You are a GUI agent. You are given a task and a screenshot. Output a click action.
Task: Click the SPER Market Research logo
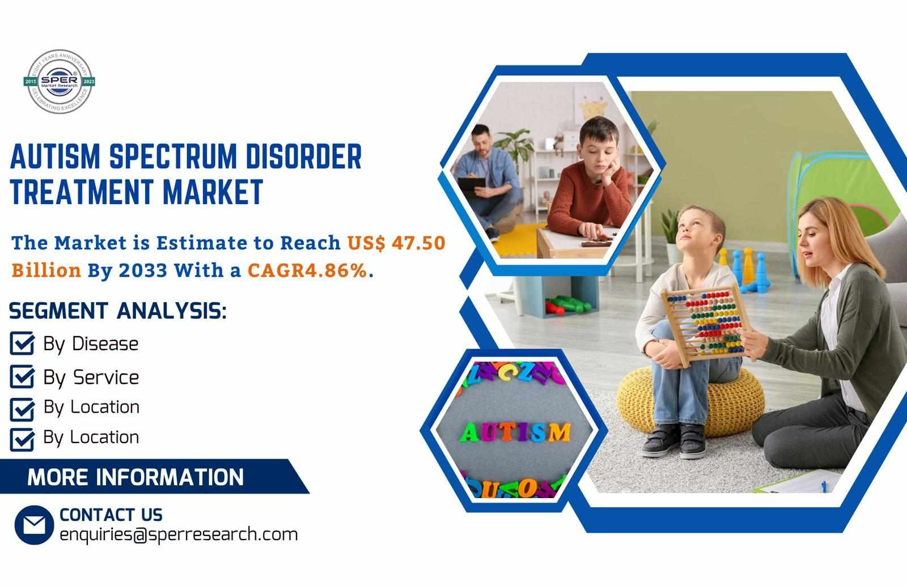60,82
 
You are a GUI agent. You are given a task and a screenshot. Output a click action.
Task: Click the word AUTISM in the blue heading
55,156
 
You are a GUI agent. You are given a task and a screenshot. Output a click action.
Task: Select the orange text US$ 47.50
396,243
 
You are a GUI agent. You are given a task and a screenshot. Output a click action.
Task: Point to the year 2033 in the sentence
143,270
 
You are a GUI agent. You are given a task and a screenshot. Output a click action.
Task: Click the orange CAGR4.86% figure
307,270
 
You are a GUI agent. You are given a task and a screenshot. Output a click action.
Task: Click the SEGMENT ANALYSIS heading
118,311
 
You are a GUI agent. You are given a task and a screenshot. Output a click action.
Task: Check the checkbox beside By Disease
22,343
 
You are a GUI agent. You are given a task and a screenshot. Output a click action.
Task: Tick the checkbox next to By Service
22,377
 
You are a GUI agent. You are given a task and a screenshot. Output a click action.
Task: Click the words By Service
91,378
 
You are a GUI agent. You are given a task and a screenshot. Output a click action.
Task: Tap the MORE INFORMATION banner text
135,477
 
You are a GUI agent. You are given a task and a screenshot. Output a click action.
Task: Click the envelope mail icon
34,525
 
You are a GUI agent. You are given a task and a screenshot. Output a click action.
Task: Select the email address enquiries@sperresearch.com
179,534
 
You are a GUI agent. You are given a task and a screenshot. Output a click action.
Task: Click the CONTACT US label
111,515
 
